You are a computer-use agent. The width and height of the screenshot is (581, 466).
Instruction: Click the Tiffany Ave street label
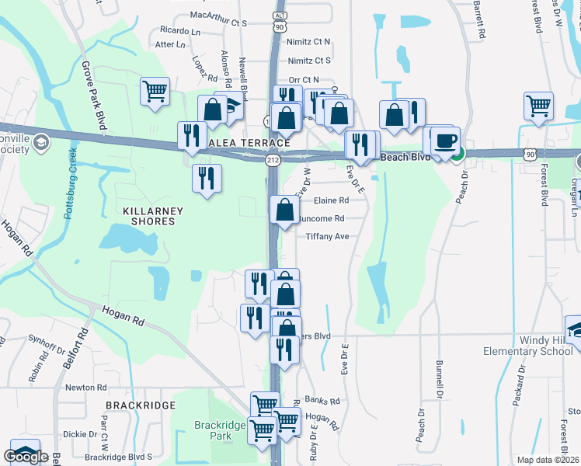[x=327, y=236]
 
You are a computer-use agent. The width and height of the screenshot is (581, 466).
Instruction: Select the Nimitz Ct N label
[x=309, y=41]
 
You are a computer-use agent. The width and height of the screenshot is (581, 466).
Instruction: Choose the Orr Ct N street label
[x=304, y=79]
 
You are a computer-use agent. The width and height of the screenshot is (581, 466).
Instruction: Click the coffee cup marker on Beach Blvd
[x=445, y=141]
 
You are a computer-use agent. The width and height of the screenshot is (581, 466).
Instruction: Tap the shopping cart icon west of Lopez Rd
[x=155, y=91]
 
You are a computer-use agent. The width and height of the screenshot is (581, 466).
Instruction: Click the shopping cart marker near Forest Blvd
[x=538, y=106]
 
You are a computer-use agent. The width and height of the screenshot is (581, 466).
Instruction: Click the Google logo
[x=26, y=456]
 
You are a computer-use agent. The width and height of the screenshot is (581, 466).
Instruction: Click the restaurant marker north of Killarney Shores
[x=207, y=178]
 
